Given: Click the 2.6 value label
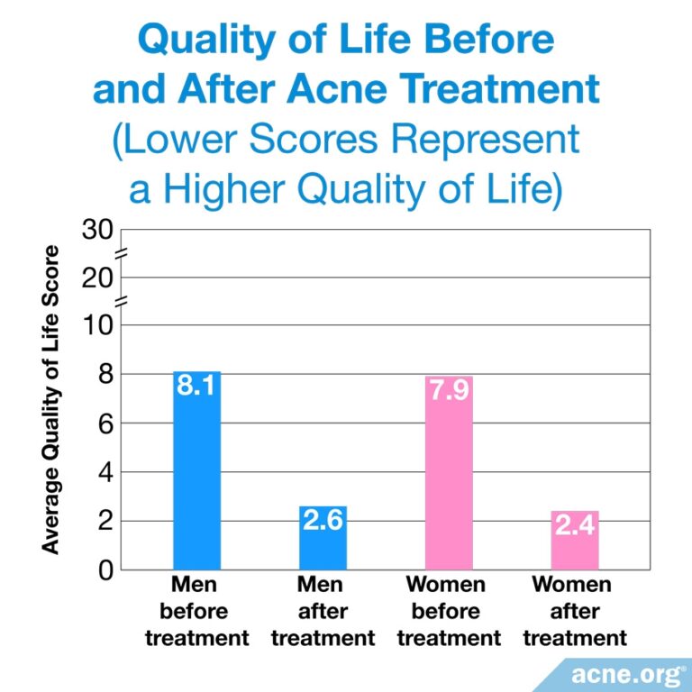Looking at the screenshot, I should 323,521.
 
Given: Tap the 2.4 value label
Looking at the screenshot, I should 575,525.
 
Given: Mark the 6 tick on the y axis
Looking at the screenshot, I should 105,423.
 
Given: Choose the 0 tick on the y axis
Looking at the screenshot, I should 105,569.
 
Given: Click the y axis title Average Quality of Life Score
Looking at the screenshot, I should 50,399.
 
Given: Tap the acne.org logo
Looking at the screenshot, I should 623,671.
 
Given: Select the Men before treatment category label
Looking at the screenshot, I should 196,612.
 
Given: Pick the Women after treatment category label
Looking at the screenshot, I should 575,612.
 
